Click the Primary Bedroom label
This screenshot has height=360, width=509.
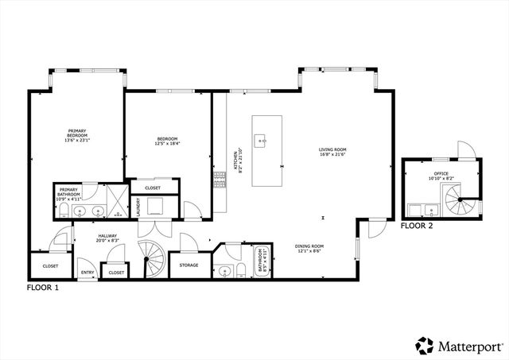77,134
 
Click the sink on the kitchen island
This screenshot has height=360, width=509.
261,141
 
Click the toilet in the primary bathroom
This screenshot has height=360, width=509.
62,210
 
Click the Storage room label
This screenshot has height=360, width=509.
188,265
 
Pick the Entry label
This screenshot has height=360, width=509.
87,273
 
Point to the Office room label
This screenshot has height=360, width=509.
441,175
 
